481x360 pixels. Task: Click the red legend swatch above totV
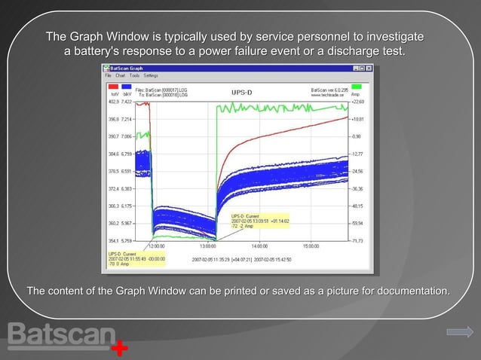pos(114,87)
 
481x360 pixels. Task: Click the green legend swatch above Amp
pos(356,87)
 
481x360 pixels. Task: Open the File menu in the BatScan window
pos(108,76)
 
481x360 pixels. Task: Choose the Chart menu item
pos(120,76)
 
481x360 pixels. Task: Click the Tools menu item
pos(134,76)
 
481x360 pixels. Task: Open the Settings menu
pos(151,76)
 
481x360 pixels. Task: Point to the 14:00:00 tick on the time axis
pos(259,246)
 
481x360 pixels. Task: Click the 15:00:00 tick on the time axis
pos(310,246)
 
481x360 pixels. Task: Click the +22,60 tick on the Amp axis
pos(357,101)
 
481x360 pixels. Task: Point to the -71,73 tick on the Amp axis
pos(357,240)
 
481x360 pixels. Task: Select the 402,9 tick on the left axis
pos(115,101)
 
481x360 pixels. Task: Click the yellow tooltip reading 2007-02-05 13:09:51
pos(260,221)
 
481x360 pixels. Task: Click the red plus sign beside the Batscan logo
pos(119,349)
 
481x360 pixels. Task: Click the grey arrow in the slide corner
pos(459,332)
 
